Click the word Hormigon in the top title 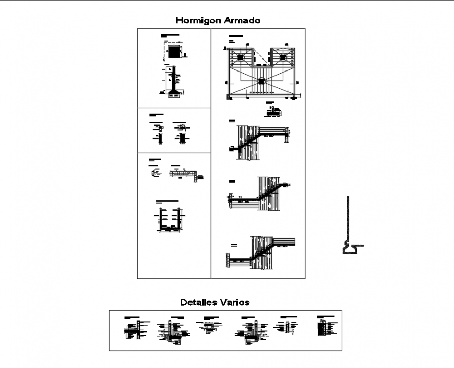(x=197, y=21)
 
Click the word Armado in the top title (x=242, y=21)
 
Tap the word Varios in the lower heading (x=234, y=302)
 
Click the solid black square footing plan (x=174, y=53)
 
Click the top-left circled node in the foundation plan (x=241, y=57)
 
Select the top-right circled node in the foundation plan (x=283, y=57)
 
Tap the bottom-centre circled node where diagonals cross (x=261, y=81)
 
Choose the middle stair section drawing (x=259, y=194)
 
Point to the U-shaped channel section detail (x=170, y=219)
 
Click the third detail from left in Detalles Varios (x=209, y=326)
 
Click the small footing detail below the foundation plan (x=271, y=110)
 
